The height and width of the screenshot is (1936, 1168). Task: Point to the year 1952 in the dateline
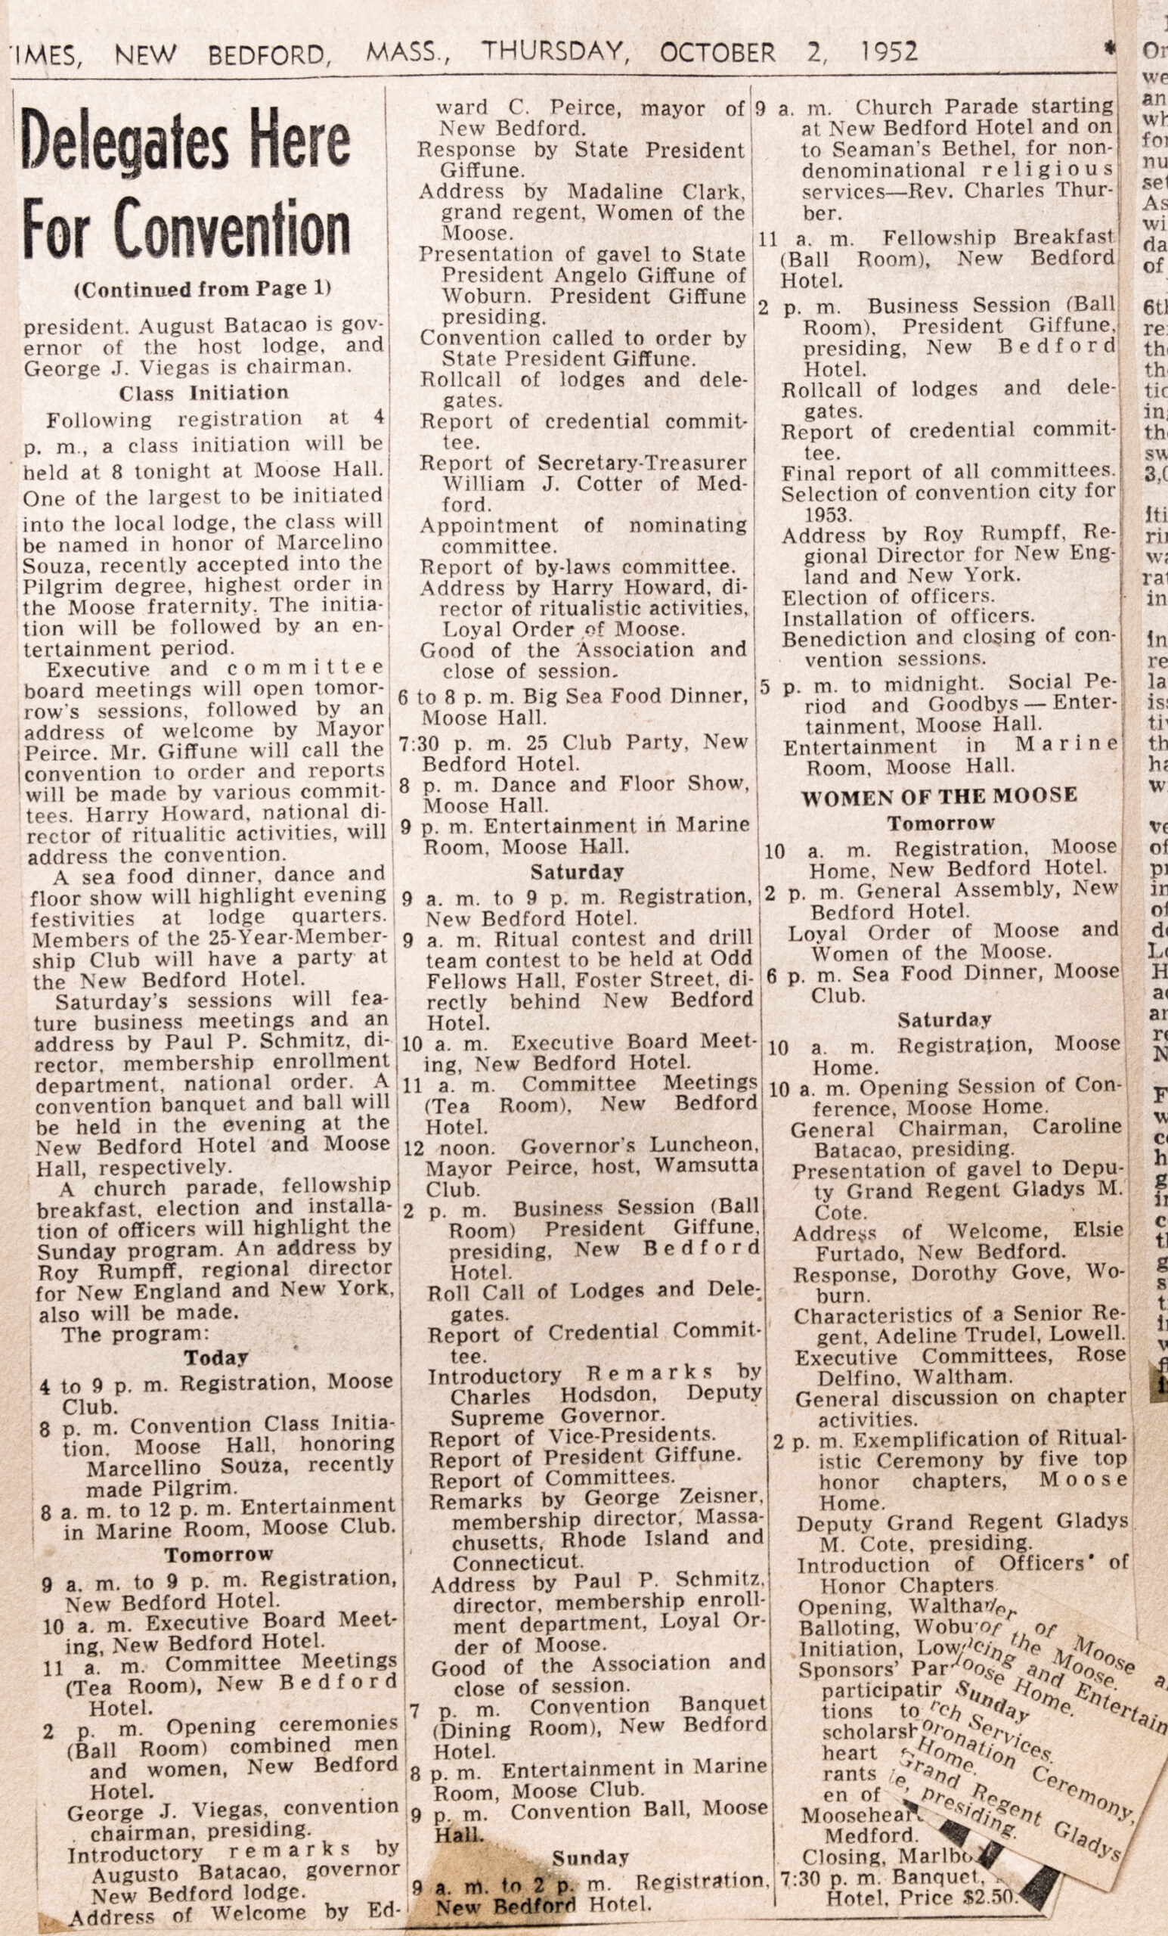pos(888,52)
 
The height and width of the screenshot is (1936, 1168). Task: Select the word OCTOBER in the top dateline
pos(716,53)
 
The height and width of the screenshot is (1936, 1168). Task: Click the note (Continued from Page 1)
pos(202,289)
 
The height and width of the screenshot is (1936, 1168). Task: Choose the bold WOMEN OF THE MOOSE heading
pos(940,796)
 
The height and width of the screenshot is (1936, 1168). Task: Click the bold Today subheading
pos(216,1357)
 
